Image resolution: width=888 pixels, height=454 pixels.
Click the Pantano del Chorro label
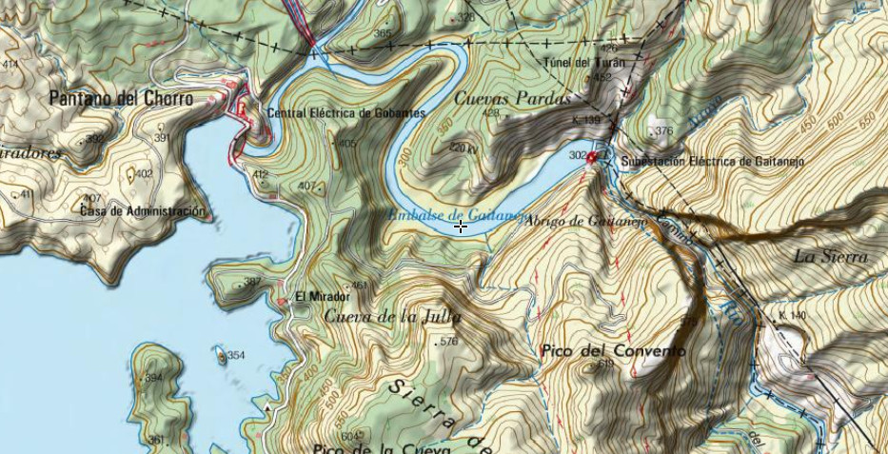click(120, 98)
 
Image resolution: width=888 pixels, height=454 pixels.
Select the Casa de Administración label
click(143, 211)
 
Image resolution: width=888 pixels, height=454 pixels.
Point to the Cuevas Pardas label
click(512, 98)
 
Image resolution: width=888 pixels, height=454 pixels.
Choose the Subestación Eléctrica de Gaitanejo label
click(712, 162)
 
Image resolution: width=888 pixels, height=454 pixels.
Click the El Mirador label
click(316, 296)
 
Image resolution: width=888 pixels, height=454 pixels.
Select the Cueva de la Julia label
click(392, 316)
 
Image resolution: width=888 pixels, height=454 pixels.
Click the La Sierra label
click(830, 256)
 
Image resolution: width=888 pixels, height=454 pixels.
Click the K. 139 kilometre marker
click(587, 120)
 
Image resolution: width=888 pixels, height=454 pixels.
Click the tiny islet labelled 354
click(223, 357)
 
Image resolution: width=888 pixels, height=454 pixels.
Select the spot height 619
click(603, 364)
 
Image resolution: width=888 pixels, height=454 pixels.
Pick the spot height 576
click(449, 341)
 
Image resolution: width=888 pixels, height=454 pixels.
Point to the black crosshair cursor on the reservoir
click(461, 227)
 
